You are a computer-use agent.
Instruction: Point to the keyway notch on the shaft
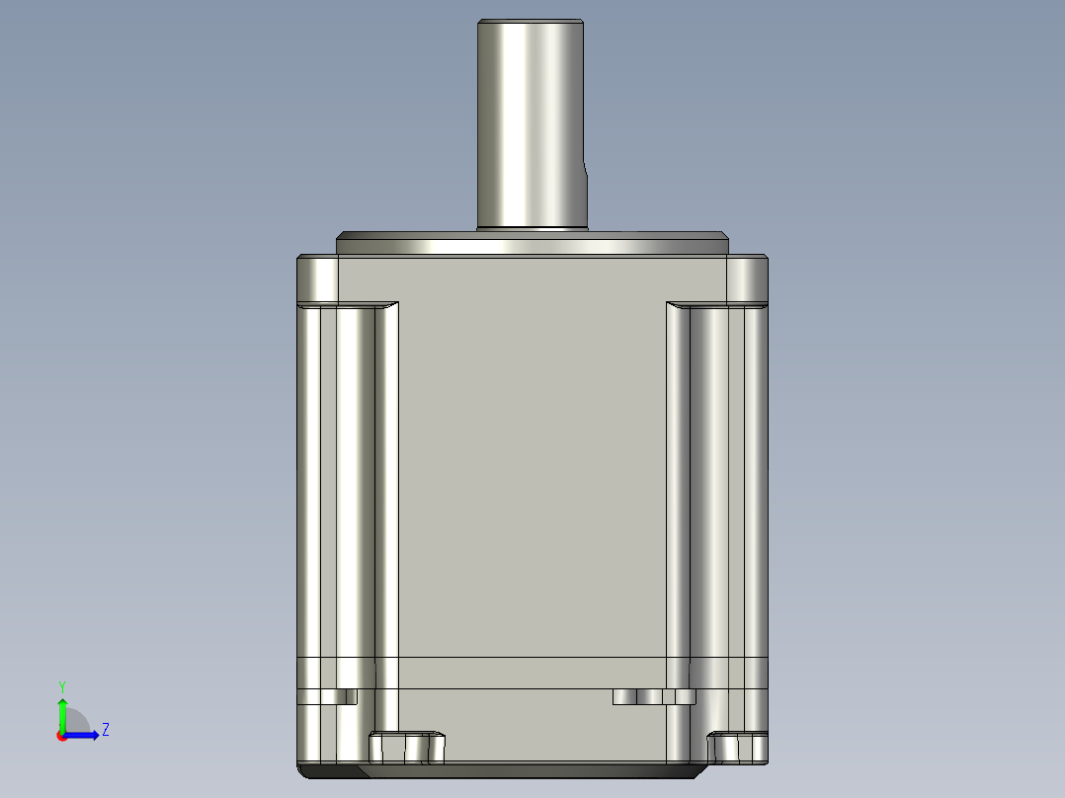tap(586, 188)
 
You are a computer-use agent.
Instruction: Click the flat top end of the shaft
tap(531, 22)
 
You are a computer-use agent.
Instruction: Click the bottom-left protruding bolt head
tap(406, 748)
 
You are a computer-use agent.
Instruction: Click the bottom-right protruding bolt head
tap(738, 748)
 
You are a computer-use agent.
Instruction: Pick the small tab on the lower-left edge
tap(327, 696)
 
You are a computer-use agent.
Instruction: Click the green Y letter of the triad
tap(61, 685)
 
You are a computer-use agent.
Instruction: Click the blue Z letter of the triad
tap(105, 730)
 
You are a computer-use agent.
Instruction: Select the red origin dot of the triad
tap(61, 735)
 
